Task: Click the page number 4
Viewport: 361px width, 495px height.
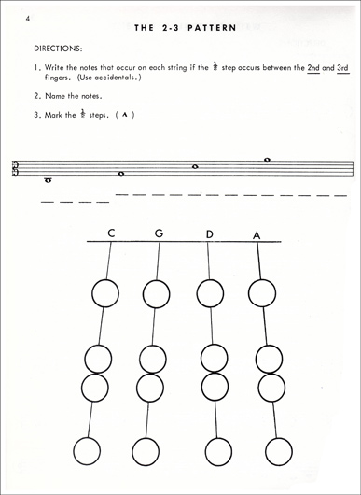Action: pos(30,19)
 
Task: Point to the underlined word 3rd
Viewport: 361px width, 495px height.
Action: pos(342,67)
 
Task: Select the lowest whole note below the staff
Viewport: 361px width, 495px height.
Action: pos(48,180)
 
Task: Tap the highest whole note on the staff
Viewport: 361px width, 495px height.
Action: pos(267,160)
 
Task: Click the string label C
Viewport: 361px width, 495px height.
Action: pos(111,233)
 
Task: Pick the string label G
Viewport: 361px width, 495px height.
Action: pos(160,233)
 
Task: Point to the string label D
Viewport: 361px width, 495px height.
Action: pos(210,233)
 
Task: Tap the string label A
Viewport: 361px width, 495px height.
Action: pos(257,234)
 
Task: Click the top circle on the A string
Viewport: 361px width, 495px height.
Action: pos(262,293)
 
